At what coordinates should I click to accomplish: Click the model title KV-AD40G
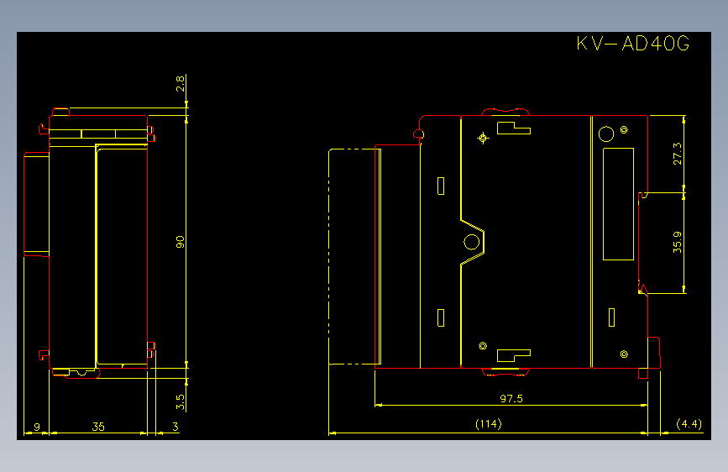633,43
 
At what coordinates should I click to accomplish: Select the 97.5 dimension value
511,399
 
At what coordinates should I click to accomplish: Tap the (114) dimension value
489,423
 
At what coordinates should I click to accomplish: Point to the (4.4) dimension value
689,423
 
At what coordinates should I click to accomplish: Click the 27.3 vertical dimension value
678,154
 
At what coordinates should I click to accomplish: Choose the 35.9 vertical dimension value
678,242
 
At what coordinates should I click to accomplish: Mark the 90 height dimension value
181,242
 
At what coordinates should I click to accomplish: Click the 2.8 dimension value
181,84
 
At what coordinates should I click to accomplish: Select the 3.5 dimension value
181,401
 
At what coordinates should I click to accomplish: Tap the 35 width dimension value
98,427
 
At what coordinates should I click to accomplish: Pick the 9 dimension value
37,427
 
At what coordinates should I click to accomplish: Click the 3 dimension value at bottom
175,427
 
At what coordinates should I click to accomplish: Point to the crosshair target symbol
483,138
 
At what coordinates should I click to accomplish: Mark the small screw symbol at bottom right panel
624,354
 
